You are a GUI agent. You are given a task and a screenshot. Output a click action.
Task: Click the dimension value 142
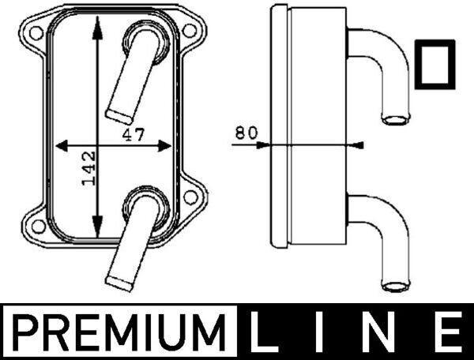(88, 168)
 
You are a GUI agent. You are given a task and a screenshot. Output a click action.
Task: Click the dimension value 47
(134, 134)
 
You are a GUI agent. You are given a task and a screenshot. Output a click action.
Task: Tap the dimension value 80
(246, 133)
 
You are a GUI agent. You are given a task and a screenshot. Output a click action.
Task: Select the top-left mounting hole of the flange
(36, 32)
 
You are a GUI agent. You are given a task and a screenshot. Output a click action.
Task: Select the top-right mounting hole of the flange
(190, 31)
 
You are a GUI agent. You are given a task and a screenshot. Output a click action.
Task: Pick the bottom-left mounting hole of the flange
(39, 227)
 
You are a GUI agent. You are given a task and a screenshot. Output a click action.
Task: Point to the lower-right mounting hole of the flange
(190, 197)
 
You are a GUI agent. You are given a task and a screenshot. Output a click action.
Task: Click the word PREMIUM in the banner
(120, 332)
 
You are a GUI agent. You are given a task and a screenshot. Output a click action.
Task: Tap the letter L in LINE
(264, 332)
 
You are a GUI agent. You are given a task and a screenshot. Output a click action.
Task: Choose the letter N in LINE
(382, 332)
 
